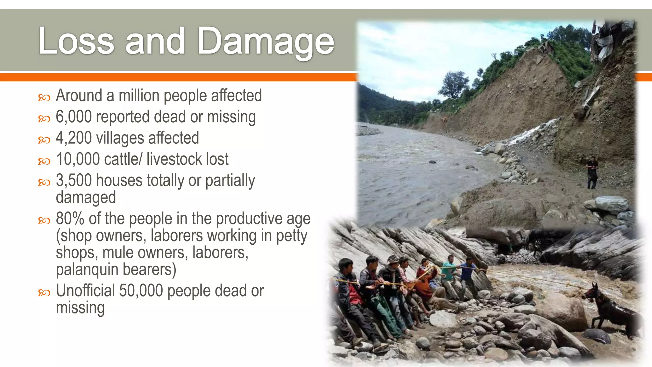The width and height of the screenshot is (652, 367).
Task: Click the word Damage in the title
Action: coord(266,41)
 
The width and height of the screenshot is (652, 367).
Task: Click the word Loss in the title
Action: coord(76,41)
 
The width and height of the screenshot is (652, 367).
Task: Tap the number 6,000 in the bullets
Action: coord(74,117)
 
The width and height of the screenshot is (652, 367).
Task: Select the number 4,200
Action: coord(74,138)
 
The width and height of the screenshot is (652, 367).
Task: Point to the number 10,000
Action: coord(78,159)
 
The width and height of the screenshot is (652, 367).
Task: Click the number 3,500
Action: coord(74,180)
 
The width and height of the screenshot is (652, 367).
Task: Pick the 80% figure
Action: coord(70,219)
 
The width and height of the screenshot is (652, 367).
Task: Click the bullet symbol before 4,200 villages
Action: coord(44,140)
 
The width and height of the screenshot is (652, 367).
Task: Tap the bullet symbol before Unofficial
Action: coord(44,292)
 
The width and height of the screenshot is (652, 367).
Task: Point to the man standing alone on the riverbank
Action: coord(592,172)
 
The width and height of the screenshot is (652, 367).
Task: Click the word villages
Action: coord(120,138)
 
